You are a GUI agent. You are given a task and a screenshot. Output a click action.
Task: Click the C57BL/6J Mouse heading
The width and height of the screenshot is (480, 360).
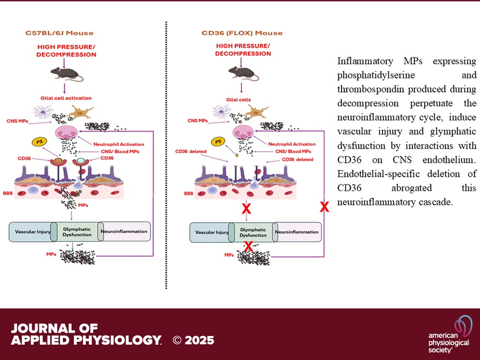tap(60, 33)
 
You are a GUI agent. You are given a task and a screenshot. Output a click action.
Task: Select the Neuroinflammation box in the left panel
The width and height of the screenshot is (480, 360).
tap(124, 232)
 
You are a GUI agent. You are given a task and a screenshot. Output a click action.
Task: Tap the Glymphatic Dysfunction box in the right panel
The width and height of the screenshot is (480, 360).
tap(252, 232)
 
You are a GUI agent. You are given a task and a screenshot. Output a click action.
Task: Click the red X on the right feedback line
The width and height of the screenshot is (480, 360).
tap(324, 207)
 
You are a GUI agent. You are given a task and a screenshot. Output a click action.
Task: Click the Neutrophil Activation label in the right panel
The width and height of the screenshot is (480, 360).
tap(292, 144)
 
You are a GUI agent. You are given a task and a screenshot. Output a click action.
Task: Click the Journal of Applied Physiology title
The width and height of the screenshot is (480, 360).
tap(85, 335)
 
